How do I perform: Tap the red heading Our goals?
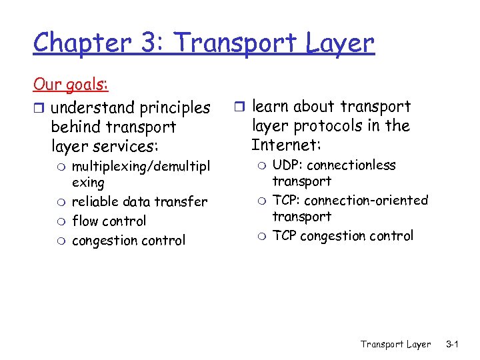point(71,85)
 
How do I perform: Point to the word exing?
point(88,182)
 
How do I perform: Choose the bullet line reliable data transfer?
point(139,201)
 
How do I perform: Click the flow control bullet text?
point(109,221)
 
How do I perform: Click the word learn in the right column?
point(271,107)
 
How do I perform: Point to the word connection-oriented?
point(366,200)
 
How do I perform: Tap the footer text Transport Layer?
point(396,344)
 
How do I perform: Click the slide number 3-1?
point(453,344)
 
